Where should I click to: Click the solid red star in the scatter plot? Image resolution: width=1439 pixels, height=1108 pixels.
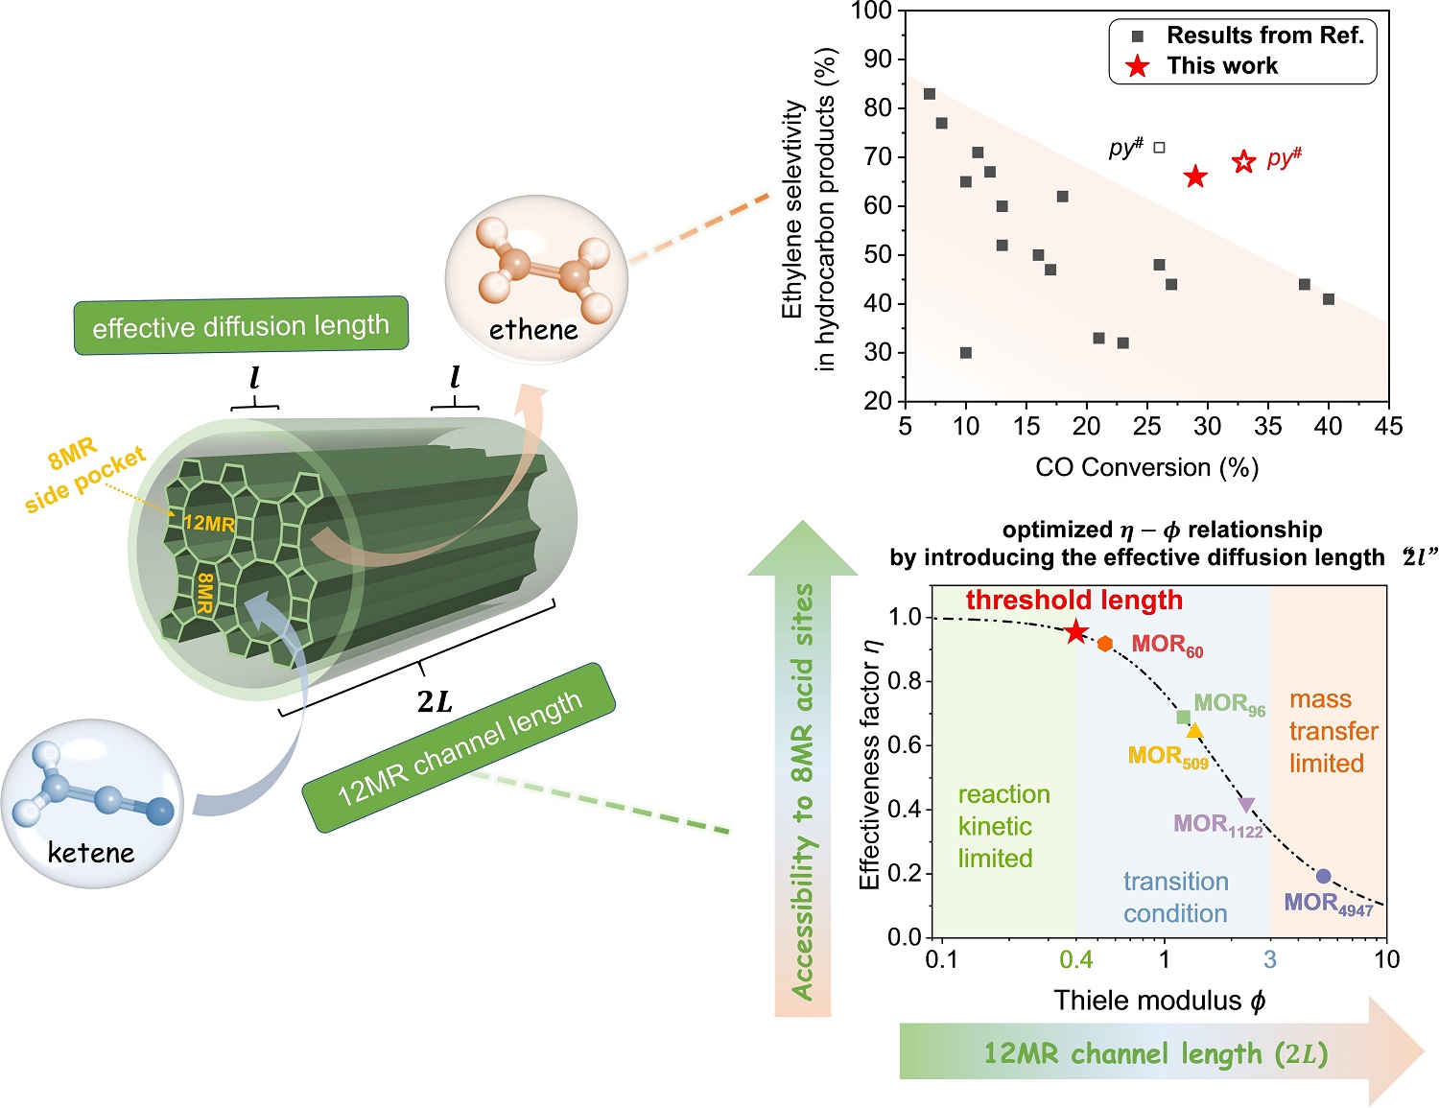click(x=1194, y=176)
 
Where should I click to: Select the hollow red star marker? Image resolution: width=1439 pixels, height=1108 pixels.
click(x=1243, y=161)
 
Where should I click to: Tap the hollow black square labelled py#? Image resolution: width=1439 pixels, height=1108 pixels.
click(x=1159, y=148)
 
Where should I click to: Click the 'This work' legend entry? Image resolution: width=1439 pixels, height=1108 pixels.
click(x=1221, y=66)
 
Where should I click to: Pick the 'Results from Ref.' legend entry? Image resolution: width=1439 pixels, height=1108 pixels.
click(x=1263, y=35)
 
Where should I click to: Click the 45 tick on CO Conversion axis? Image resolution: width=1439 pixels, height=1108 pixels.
click(x=1388, y=426)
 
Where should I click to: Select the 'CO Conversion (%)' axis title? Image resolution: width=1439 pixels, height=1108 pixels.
click(x=1146, y=468)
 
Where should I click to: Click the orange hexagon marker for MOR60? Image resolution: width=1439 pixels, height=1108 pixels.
click(x=1105, y=644)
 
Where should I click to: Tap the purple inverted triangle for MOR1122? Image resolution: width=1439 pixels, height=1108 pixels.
click(x=1246, y=805)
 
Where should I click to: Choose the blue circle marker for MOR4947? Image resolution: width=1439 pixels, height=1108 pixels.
click(x=1323, y=876)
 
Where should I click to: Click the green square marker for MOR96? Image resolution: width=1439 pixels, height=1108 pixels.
click(x=1183, y=718)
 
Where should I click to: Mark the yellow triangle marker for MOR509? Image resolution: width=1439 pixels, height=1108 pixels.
click(x=1194, y=731)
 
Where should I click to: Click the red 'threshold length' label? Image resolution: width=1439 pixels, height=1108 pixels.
click(x=1073, y=601)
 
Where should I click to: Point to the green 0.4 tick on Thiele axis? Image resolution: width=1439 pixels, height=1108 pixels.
click(x=1075, y=959)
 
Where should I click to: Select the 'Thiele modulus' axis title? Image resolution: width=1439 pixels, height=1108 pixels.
click(x=1159, y=1002)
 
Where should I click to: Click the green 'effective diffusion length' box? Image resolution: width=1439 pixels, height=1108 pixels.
click(x=241, y=326)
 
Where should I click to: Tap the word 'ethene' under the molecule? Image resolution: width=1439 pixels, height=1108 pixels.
click(x=533, y=330)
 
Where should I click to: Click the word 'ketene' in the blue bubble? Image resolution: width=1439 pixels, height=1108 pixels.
click(x=91, y=852)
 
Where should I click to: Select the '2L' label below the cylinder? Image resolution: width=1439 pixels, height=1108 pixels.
click(x=435, y=702)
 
